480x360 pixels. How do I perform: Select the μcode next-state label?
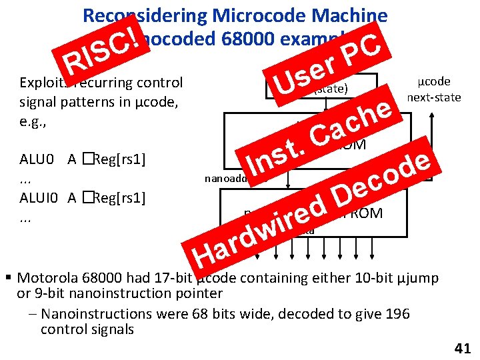434,89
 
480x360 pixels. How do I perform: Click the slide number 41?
462,347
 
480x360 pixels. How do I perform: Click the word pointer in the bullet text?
198,293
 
